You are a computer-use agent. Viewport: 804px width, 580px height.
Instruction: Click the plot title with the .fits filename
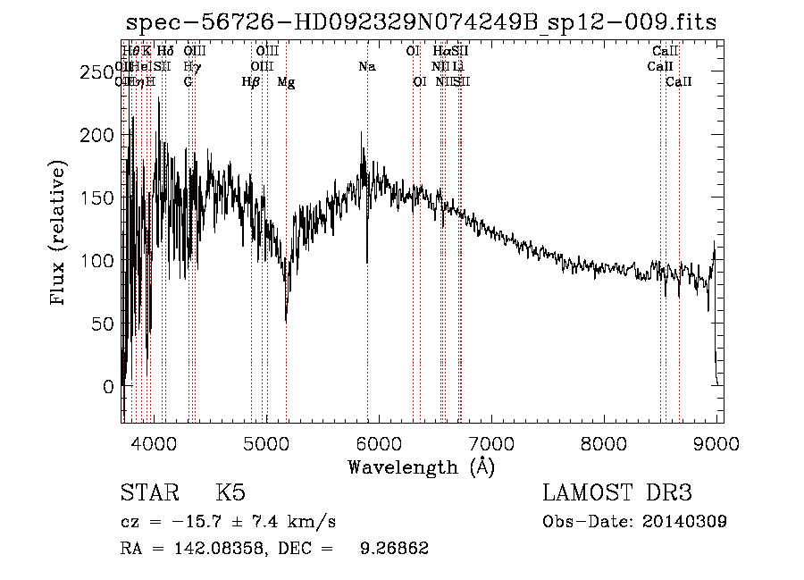pyautogui.click(x=421, y=22)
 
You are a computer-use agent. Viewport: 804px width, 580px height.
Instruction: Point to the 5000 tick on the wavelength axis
pyautogui.click(x=266, y=442)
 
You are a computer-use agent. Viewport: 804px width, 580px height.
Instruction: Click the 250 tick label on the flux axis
pyautogui.click(x=97, y=73)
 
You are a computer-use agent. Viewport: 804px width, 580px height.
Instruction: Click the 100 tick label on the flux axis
pyautogui.click(x=97, y=262)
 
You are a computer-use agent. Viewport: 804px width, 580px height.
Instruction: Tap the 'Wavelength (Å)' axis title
pyautogui.click(x=421, y=467)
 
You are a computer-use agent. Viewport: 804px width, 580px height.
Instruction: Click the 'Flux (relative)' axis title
pyautogui.click(x=60, y=235)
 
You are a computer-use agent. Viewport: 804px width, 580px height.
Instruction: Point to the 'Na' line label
pyautogui.click(x=367, y=66)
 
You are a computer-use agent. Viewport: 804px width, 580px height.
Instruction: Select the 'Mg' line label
pyautogui.click(x=286, y=82)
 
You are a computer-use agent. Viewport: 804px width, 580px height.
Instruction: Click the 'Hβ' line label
pyautogui.click(x=251, y=82)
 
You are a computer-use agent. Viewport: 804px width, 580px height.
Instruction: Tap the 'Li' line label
pyautogui.click(x=457, y=66)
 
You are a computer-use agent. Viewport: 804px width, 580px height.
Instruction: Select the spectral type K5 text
pyautogui.click(x=230, y=493)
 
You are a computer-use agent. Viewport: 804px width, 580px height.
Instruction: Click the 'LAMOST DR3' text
pyautogui.click(x=616, y=493)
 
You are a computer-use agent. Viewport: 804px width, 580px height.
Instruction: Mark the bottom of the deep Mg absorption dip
pyautogui.click(x=286, y=321)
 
